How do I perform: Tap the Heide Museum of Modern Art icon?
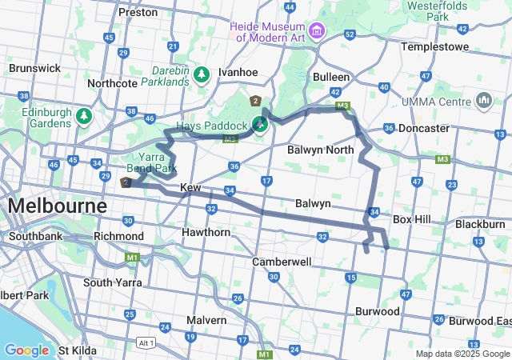click(318, 31)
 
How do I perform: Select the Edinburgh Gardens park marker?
click(84, 118)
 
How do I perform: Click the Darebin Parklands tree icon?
click(202, 74)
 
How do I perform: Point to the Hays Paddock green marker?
click(260, 124)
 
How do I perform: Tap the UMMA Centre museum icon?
click(483, 102)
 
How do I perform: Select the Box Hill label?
click(413, 219)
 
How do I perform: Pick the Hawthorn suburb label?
click(206, 232)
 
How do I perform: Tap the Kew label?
click(190, 187)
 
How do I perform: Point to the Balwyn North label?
click(320, 150)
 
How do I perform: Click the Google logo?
click(27, 350)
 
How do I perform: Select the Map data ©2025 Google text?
click(462, 354)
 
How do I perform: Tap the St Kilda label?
click(77, 350)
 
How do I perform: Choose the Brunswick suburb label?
click(35, 68)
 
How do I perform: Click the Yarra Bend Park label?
click(151, 162)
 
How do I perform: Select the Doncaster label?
click(423, 128)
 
